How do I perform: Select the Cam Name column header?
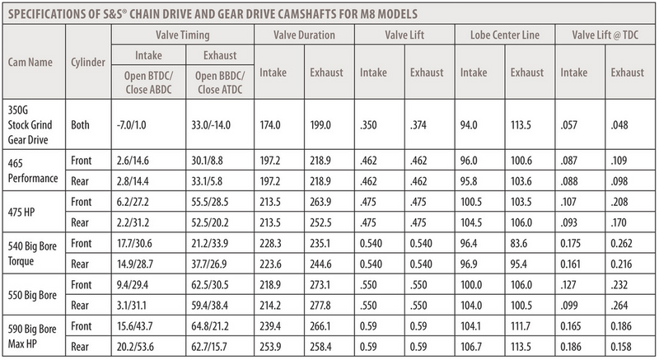click(30, 62)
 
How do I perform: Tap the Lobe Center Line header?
click(505, 35)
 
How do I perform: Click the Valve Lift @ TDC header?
click(605, 35)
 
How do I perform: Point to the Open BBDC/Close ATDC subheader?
click(220, 82)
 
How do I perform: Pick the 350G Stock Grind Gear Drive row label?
click(30, 124)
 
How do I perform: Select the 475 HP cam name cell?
click(21, 213)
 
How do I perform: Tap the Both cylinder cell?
click(80, 124)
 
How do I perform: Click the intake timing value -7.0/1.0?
click(132, 125)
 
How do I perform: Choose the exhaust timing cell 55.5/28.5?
click(210, 202)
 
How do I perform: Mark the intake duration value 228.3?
click(270, 244)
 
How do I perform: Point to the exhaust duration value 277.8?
click(320, 306)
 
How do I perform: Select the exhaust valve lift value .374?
click(418, 125)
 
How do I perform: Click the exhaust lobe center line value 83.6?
click(519, 244)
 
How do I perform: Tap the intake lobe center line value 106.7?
click(471, 347)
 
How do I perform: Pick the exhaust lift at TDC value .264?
click(619, 306)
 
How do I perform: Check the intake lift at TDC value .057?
click(568, 125)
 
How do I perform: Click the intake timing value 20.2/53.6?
click(135, 347)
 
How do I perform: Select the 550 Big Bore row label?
click(32, 295)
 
